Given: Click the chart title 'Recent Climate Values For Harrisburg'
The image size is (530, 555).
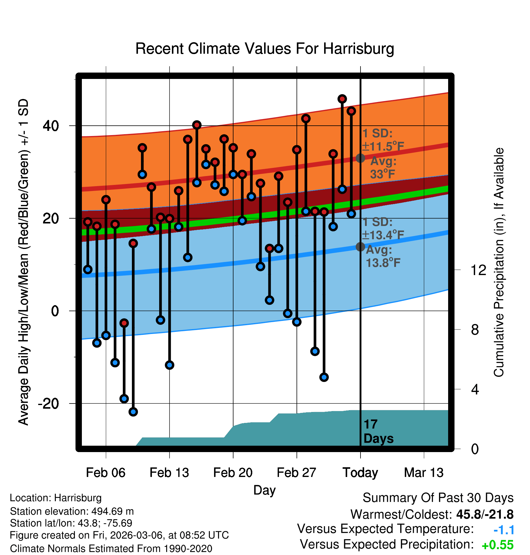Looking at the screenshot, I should click(x=264, y=49).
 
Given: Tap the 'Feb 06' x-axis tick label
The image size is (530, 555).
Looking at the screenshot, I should click(x=106, y=473).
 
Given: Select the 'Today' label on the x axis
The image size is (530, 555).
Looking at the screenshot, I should click(x=360, y=473).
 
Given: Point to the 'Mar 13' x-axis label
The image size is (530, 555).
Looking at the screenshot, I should click(x=424, y=473).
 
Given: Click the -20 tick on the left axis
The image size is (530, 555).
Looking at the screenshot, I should click(x=48, y=403).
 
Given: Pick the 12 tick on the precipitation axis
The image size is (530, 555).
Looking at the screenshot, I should click(x=478, y=270).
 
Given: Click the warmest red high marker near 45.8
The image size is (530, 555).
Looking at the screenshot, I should click(x=342, y=99).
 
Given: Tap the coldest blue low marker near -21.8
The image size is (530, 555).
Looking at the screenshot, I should click(x=133, y=412).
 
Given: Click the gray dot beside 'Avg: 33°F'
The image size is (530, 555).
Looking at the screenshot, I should click(x=360, y=158).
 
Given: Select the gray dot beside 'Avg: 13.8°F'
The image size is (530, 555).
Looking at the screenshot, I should click(x=360, y=247).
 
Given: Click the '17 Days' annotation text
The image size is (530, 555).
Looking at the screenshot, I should click(x=378, y=431).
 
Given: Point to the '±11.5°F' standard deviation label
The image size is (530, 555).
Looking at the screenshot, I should click(x=383, y=147).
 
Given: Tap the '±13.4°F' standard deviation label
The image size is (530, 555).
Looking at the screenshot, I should click(x=383, y=235).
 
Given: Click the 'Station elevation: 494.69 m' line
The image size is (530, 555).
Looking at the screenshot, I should click(x=72, y=511).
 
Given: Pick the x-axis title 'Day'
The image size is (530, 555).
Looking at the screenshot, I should click(x=264, y=490).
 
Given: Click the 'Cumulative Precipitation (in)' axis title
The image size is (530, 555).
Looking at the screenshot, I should click(x=499, y=263).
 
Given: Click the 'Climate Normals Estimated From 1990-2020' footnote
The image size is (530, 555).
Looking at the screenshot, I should click(x=111, y=549).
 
